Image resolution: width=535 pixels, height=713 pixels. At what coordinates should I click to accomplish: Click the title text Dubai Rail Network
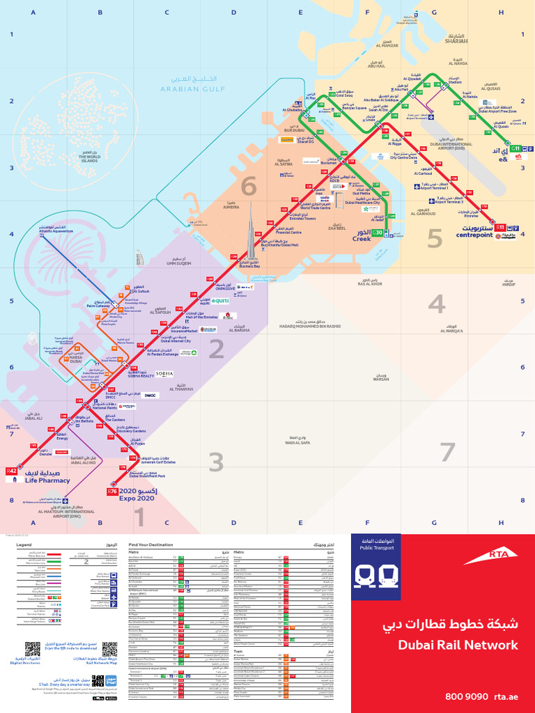coord(458,645)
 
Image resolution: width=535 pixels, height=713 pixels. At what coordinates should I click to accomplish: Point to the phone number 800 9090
coord(465,696)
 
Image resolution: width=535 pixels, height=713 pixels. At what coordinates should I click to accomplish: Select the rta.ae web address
coord(508,696)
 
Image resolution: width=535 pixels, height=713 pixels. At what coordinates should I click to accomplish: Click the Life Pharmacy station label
coord(47,480)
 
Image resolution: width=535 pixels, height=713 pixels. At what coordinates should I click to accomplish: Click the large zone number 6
coord(248,187)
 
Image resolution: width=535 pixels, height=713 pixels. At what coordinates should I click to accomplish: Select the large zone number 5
coord(435,239)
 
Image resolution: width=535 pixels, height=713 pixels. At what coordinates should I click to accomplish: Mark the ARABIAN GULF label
coord(185,89)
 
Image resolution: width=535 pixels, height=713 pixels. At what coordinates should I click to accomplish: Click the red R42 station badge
coord(10,471)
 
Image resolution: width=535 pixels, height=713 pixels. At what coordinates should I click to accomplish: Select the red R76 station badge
coord(111,492)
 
